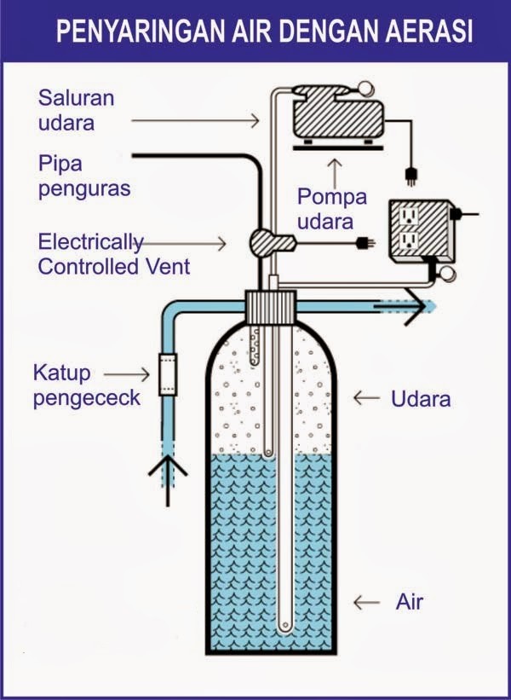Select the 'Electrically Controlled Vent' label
[114, 254]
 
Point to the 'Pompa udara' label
[331, 208]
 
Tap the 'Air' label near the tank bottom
[409, 603]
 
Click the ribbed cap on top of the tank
[270, 305]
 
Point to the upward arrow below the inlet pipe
[168, 471]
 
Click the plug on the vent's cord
[367, 242]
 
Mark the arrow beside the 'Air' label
[366, 603]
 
